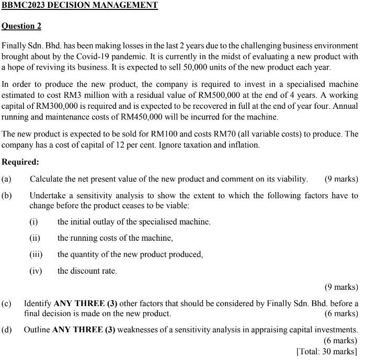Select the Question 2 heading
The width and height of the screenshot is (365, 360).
click(21, 26)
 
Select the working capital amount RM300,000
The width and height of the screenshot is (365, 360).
click(53, 106)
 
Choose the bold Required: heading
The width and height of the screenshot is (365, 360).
click(20, 162)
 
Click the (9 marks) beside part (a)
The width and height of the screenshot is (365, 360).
click(341, 179)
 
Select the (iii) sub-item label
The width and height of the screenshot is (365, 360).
click(36, 254)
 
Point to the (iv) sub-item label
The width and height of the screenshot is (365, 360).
click(36, 271)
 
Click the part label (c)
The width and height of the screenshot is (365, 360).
click(7, 303)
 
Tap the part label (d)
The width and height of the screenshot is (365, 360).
click(7, 330)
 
